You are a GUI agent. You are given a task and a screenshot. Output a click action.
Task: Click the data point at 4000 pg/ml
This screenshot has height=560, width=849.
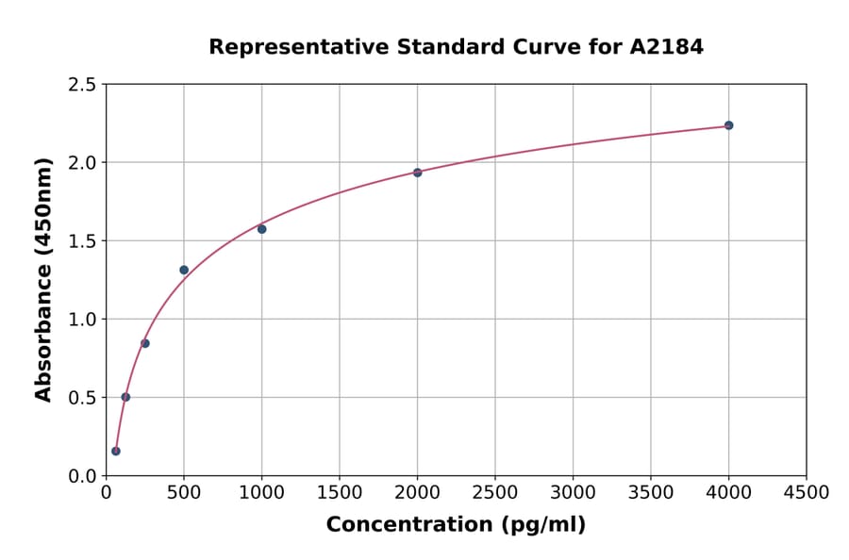tap(728, 125)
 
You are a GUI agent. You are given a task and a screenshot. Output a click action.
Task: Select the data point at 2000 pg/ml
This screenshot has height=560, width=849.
tap(417, 173)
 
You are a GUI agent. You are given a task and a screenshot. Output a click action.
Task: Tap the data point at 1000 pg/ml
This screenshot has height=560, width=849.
tap(262, 229)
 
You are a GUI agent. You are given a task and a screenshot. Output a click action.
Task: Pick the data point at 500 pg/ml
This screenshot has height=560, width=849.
tap(184, 270)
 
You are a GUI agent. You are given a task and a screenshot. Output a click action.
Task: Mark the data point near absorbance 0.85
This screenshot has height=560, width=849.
tap(145, 343)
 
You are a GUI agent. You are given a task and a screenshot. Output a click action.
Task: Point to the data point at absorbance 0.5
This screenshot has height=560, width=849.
tap(125, 397)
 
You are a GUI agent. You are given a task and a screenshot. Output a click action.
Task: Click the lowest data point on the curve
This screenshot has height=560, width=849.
tap(116, 451)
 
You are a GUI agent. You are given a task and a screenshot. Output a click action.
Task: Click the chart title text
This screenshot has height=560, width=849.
tap(456, 46)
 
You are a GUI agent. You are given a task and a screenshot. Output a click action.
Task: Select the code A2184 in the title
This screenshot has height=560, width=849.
tap(666, 46)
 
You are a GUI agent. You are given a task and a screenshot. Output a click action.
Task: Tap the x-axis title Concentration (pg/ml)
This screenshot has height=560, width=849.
tap(456, 525)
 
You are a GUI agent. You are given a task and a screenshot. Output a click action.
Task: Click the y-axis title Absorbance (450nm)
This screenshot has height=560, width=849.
tap(43, 280)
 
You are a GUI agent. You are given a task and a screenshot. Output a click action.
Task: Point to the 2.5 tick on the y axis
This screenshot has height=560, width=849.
tap(81, 85)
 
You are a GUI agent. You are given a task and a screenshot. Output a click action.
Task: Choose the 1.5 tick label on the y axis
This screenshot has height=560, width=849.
tap(81, 241)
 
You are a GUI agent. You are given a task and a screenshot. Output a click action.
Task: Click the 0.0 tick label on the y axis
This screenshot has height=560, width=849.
tap(81, 476)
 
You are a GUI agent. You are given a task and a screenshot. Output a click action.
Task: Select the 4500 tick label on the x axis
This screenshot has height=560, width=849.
tap(807, 493)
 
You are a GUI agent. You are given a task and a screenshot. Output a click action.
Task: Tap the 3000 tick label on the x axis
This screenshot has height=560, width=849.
tap(573, 493)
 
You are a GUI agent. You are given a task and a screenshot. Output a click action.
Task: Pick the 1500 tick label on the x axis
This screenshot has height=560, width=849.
tap(340, 493)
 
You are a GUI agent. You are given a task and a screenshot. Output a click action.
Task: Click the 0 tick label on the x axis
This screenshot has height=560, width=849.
tap(106, 493)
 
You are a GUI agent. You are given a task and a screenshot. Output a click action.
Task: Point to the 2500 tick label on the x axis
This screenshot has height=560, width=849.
tap(495, 493)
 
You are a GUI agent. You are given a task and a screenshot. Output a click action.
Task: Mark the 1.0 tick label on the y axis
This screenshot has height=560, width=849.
tap(81, 320)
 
